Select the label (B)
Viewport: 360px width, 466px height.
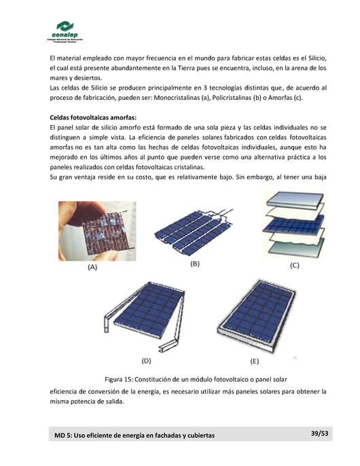click(x=195, y=263)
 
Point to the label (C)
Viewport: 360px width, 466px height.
click(x=293, y=265)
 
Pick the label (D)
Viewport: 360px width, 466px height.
click(x=145, y=360)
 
